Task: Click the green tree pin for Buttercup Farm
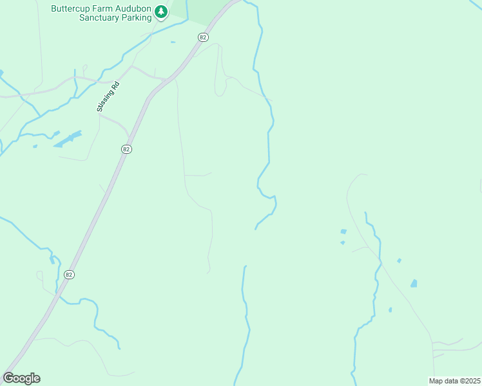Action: click(x=161, y=12)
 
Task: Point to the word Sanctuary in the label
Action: click(x=100, y=18)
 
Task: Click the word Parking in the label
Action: click(x=137, y=18)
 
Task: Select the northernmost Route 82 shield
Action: click(x=203, y=37)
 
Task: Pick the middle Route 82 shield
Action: click(x=126, y=149)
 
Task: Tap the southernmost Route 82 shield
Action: click(x=69, y=274)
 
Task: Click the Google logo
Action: click(x=21, y=378)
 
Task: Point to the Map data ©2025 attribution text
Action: click(x=455, y=381)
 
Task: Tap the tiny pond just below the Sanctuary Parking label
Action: click(x=173, y=42)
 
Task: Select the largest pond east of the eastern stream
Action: click(x=413, y=283)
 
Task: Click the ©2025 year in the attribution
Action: click(x=469, y=381)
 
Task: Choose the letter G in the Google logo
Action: click(x=8, y=378)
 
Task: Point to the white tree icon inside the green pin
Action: click(x=161, y=11)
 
